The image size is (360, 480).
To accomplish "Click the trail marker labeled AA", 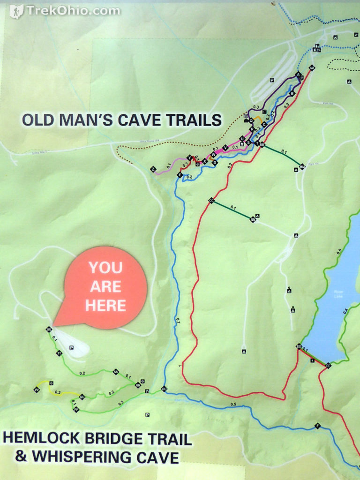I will point(312,68).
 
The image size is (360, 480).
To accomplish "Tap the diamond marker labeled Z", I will point(153,169).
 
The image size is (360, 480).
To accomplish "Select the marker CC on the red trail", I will point(211,201).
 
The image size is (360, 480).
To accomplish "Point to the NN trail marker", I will point(253,219).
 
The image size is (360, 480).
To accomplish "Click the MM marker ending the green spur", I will point(302,166).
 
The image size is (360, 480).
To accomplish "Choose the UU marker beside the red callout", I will point(49,330).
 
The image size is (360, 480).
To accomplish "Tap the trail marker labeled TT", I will point(59,353).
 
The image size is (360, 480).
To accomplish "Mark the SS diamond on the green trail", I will point(116,372).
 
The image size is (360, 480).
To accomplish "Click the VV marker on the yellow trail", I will point(37,390).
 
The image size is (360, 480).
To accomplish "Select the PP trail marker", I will point(76,409).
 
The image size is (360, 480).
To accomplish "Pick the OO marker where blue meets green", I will point(164,389).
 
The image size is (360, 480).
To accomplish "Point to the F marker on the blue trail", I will point(317,426).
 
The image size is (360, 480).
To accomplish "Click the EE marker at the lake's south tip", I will point(328,365).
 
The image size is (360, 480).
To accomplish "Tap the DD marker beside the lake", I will point(299,346).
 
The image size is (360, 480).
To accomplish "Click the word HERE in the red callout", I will point(106,306).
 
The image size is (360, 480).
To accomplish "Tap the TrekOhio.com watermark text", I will point(73,10).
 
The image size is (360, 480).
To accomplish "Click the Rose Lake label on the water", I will point(339,294).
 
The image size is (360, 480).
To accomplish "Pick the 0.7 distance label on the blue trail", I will point(178,321).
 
